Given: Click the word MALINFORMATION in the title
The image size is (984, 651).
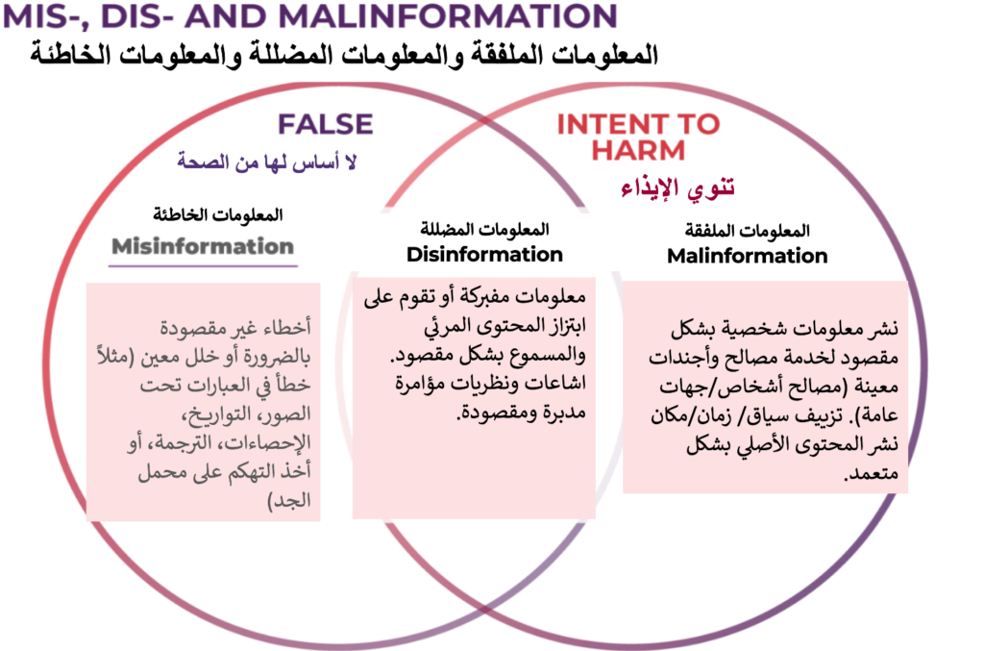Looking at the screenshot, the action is (448, 16).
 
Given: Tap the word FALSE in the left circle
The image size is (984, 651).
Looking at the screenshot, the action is (326, 124).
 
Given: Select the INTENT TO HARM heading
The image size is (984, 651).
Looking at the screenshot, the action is (638, 137).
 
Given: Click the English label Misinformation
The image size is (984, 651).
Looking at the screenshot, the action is (203, 246).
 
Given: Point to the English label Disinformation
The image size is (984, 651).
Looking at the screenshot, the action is (484, 254).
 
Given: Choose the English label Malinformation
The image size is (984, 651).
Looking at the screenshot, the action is (747, 256).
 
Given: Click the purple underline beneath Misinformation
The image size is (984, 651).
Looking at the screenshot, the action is (203, 266).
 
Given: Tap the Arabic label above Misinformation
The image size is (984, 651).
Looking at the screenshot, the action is (218, 214).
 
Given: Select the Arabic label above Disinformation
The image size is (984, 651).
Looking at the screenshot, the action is (484, 229).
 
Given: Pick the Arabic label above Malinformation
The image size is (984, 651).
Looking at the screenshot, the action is (747, 231).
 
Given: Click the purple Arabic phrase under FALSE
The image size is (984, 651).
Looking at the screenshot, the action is (267, 162).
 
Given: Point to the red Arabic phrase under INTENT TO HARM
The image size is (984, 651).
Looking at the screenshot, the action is (677, 188).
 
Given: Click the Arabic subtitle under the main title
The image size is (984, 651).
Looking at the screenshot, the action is (344, 55).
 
